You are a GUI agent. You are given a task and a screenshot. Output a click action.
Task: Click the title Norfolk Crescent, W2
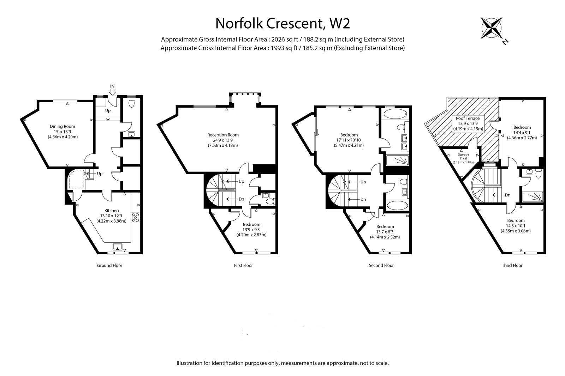282,23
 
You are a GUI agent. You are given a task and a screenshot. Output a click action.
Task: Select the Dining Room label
62,127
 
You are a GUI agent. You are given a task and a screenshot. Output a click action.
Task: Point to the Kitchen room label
112,211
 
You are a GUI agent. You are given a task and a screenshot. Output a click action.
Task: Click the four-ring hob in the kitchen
136,218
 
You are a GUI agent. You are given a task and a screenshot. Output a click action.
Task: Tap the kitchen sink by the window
117,247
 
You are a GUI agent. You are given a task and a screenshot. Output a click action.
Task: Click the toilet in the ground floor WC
131,104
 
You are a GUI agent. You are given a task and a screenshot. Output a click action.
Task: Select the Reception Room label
223,135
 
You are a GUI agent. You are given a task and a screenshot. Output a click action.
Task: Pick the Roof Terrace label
468,118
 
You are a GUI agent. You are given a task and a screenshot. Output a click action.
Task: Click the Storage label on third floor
463,154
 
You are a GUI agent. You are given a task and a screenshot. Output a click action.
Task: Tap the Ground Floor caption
109,265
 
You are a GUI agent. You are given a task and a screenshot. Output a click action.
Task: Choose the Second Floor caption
381,265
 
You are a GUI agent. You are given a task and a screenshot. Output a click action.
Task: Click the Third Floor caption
512,265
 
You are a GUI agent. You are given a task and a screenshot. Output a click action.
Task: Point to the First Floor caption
243,265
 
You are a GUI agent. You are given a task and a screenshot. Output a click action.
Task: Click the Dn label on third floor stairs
508,195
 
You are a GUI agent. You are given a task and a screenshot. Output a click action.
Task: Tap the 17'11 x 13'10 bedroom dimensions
349,140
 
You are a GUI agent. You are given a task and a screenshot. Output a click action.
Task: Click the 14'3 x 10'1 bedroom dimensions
516,226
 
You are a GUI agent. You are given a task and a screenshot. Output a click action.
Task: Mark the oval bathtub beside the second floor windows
395,114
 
